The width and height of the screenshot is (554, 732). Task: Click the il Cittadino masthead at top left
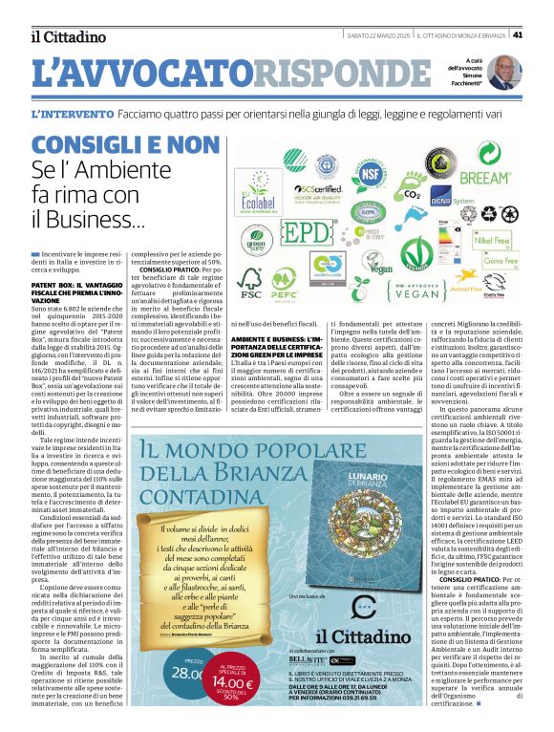[x=68, y=36]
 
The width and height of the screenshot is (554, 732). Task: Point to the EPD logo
[x=307, y=233]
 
